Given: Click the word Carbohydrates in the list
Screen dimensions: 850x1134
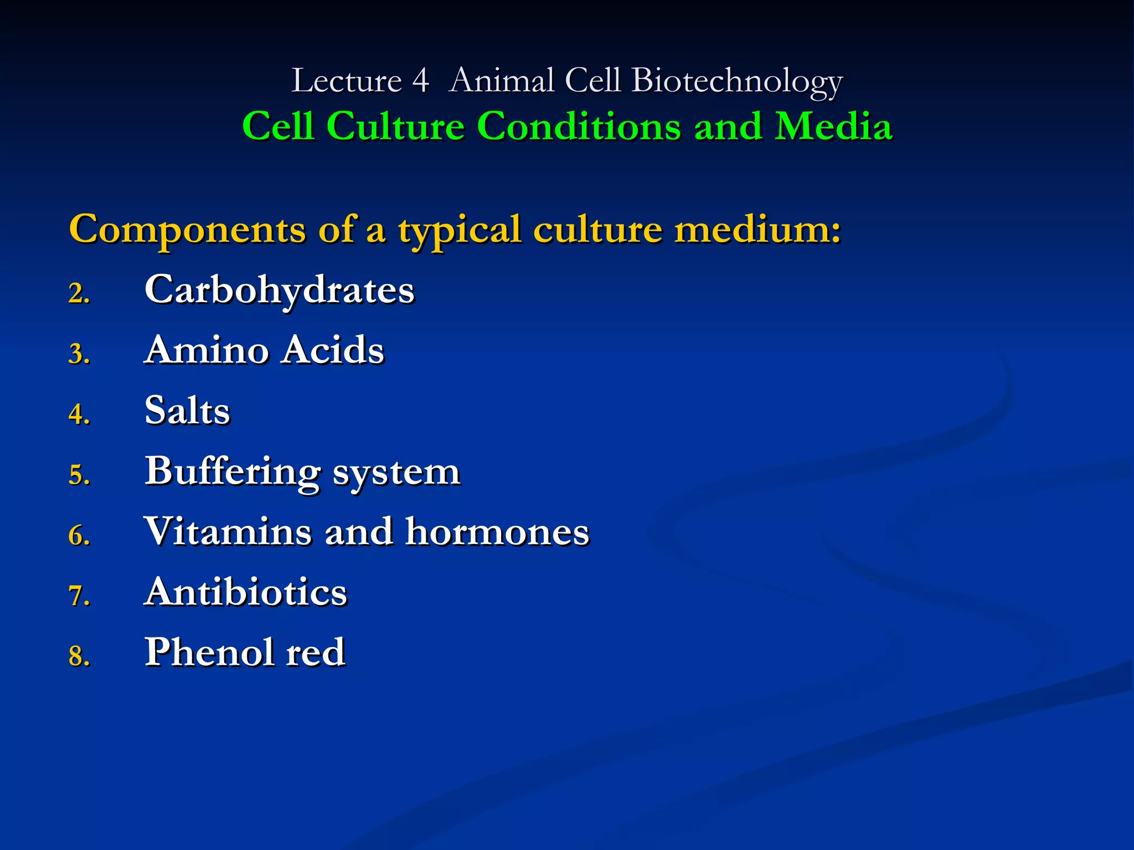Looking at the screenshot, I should click(279, 290).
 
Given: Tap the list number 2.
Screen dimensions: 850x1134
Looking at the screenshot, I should click(79, 293).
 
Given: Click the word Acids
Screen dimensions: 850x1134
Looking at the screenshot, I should click(332, 350).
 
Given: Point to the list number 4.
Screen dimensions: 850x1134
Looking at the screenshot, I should click(79, 414).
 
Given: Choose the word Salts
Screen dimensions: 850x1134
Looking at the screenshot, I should click(187, 411).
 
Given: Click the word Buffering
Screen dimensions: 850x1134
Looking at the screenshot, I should click(232, 472).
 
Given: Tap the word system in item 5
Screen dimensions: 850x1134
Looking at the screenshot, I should click(396, 473).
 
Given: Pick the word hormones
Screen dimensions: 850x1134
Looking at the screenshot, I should click(497, 532).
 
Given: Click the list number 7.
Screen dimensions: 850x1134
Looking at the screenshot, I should click(79, 596).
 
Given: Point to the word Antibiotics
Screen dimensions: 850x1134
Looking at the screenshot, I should click(245, 592).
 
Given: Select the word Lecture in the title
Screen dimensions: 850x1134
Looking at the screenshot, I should click(346, 81).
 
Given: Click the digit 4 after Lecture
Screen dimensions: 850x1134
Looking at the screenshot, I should click(420, 81).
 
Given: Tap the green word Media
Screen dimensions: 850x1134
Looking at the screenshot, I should click(833, 126).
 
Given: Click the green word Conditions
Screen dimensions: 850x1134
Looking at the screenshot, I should click(579, 126).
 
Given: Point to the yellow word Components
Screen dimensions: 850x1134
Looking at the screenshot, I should click(187, 230).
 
